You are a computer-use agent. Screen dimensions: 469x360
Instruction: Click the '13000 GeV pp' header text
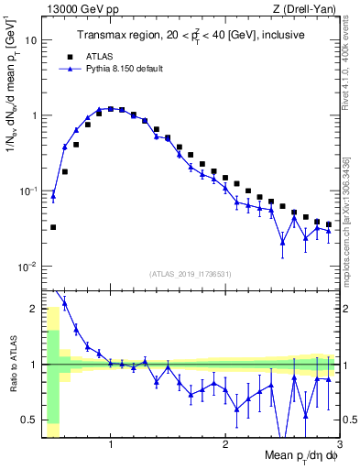[74, 8]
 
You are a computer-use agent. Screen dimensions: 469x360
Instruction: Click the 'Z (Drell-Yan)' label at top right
[312, 8]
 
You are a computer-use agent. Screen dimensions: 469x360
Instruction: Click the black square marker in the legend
[62, 55]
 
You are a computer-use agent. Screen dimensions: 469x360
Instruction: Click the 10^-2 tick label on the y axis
[28, 267]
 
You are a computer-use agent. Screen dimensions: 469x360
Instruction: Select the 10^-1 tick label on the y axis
[28, 191]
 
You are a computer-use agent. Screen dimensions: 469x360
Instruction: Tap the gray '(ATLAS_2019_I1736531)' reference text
[191, 273]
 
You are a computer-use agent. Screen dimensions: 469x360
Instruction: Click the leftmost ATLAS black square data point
[53, 227]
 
